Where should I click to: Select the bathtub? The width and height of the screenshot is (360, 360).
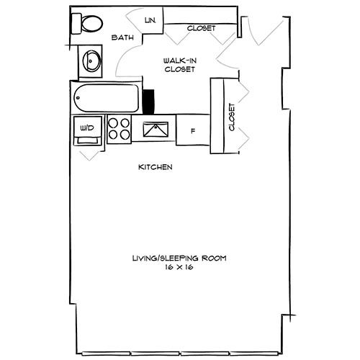pos(108,99)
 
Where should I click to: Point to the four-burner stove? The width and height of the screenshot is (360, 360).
pos(119,130)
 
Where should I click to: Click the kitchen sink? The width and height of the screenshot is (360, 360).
pos(155,130)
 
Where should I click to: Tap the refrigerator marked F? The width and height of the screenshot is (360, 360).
pos(192,131)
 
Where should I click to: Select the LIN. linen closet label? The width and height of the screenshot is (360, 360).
pos(150,21)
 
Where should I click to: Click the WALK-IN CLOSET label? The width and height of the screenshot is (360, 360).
pos(177,66)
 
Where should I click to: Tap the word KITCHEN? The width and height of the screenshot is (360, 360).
pos(155,168)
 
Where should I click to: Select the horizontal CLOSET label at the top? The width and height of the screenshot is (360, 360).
pos(201,29)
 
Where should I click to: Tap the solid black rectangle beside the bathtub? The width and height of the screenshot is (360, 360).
pos(149,100)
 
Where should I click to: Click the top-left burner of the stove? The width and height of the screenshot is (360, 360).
pos(113,123)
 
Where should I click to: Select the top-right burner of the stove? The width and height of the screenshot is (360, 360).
pos(125,123)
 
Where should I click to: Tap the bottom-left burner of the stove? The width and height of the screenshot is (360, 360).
pos(113,135)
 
